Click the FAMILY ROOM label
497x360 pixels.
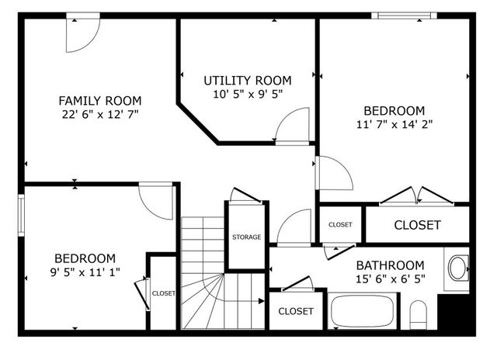pos(100,100)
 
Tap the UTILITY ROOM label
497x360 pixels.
pos(247,81)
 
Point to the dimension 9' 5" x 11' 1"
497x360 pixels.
pos(85,272)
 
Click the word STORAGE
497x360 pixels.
pos(246,237)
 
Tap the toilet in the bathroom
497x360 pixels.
pos(419,315)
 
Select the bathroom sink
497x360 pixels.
pos(457,268)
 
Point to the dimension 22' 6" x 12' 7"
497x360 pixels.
pos(100,114)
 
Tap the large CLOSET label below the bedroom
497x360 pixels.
pos(417,226)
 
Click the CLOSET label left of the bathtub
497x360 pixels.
pos(295,311)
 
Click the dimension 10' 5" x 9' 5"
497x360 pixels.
pos(247,94)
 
